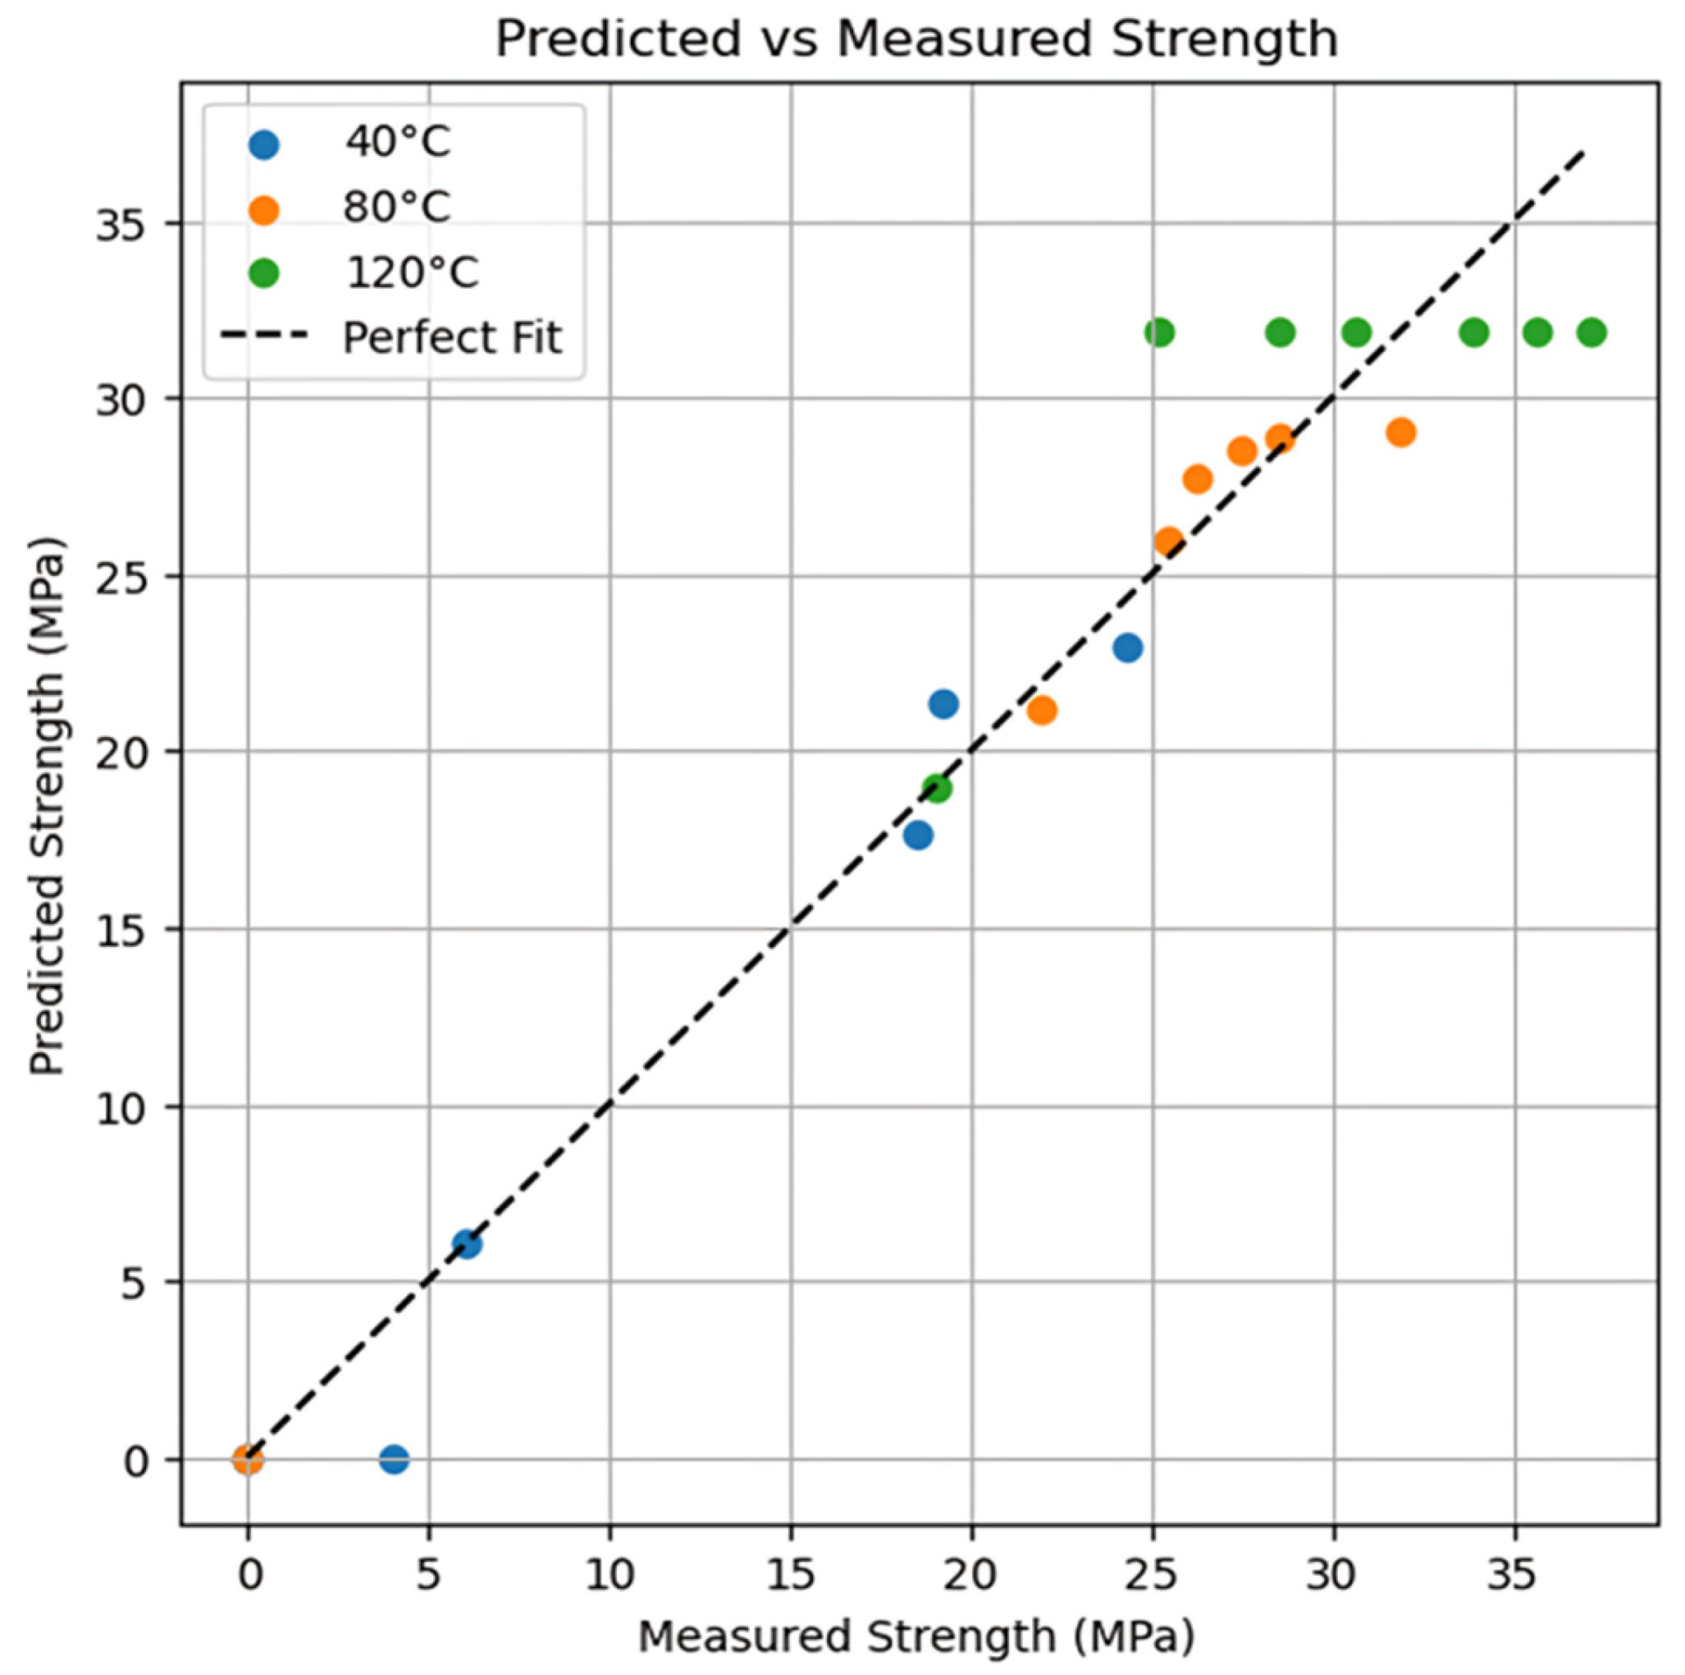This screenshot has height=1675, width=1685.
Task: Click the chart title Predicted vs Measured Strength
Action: coord(916,39)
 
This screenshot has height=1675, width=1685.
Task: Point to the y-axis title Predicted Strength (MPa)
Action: coord(47,806)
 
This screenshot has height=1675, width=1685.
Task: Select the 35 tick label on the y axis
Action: coord(120,224)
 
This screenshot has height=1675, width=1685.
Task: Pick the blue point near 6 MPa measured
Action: coord(467,1244)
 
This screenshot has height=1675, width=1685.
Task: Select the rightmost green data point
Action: coord(1591,332)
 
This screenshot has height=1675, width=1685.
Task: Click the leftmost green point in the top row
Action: coord(1159,332)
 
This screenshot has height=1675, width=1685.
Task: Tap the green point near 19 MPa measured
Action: coord(937,789)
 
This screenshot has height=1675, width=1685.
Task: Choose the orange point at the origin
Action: coord(248,1459)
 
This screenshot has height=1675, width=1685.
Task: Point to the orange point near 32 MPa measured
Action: coord(1400,432)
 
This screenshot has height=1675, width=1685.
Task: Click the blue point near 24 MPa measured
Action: coord(1128,648)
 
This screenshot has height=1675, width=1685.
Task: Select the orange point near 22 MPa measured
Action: coord(1041,711)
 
